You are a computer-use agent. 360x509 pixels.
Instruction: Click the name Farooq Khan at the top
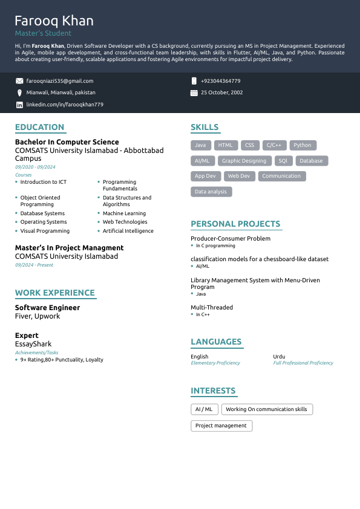coord(54,21)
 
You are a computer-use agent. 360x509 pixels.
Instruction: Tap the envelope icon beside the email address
coord(19,81)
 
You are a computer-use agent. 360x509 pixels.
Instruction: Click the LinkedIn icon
coord(19,105)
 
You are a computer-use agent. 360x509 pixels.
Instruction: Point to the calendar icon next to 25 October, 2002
coord(194,93)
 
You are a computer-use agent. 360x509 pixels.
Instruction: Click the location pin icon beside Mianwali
coord(19,92)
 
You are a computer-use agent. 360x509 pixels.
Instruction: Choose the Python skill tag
coord(303,145)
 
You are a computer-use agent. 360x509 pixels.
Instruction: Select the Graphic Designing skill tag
coord(244,161)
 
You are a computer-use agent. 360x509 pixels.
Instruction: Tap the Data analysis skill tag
coord(211,192)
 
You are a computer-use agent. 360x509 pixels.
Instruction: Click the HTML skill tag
coord(225,145)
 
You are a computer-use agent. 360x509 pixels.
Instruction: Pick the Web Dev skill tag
coord(239,176)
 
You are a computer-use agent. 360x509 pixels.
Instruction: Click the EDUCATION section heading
coord(39,127)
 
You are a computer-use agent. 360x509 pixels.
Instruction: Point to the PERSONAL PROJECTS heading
coord(235,224)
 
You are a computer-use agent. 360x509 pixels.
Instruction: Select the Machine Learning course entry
coord(124,213)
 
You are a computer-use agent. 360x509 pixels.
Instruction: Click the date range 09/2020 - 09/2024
coord(35,167)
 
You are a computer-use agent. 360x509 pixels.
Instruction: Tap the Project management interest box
coord(221,426)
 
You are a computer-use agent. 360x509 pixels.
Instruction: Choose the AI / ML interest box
coord(204,409)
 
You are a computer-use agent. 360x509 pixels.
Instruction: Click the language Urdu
coord(279,357)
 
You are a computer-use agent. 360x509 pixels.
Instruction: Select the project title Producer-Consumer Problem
coord(231,239)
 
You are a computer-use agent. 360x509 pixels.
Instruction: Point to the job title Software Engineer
coord(47,308)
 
